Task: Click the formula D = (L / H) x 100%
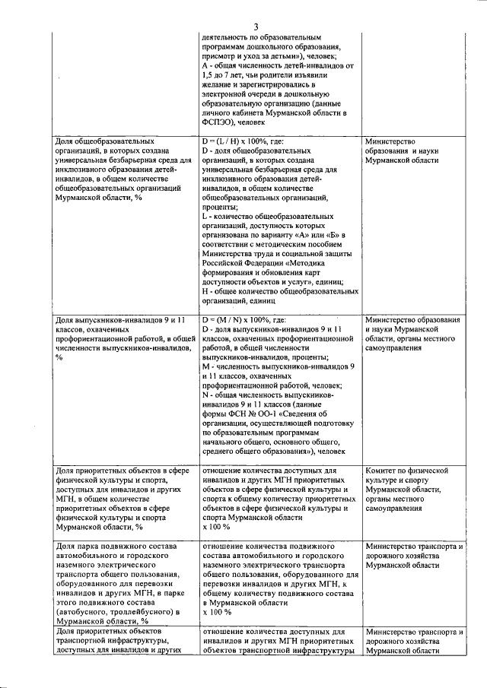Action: (243, 141)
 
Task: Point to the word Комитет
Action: (385, 471)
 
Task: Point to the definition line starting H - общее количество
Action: (279, 291)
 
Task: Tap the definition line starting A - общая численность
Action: (278, 66)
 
